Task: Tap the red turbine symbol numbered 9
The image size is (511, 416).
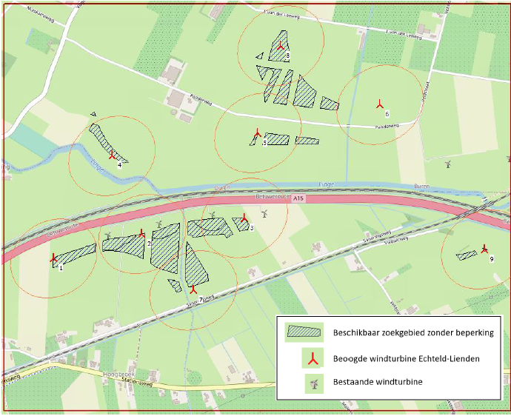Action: tap(484, 249)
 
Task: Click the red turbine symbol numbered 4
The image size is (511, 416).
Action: tap(113, 156)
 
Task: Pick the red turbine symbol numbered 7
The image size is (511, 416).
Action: tap(193, 289)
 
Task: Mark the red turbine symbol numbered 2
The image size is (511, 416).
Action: tap(142, 233)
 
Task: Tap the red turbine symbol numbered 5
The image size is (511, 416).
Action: tap(256, 134)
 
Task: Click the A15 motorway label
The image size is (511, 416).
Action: tap(298, 199)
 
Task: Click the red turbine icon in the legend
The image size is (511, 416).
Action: tap(314, 359)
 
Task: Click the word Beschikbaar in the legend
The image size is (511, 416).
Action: tap(360, 332)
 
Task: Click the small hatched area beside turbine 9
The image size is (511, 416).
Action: tap(467, 255)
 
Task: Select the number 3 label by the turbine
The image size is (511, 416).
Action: tap(252, 229)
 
